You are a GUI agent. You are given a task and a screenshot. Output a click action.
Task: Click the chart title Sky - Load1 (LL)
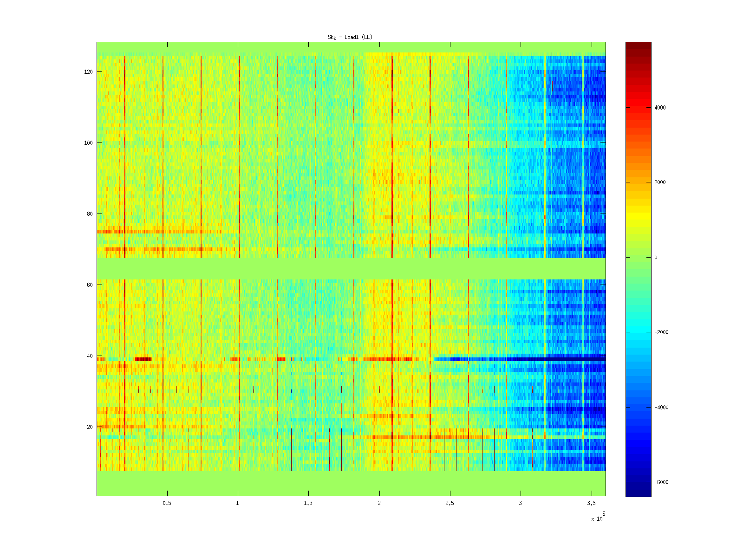click(350, 37)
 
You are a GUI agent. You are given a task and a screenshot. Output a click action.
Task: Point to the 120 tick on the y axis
click(88, 72)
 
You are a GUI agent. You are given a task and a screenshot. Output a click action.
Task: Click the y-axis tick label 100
click(88, 143)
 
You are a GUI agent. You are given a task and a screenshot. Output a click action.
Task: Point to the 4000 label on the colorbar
click(660, 108)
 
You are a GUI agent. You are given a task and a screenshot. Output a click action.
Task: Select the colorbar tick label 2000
click(660, 182)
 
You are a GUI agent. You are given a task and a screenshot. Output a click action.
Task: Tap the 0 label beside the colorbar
click(656, 258)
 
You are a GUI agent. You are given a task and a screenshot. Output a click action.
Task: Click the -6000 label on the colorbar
click(661, 482)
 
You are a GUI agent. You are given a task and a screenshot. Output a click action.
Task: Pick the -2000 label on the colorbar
click(661, 332)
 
